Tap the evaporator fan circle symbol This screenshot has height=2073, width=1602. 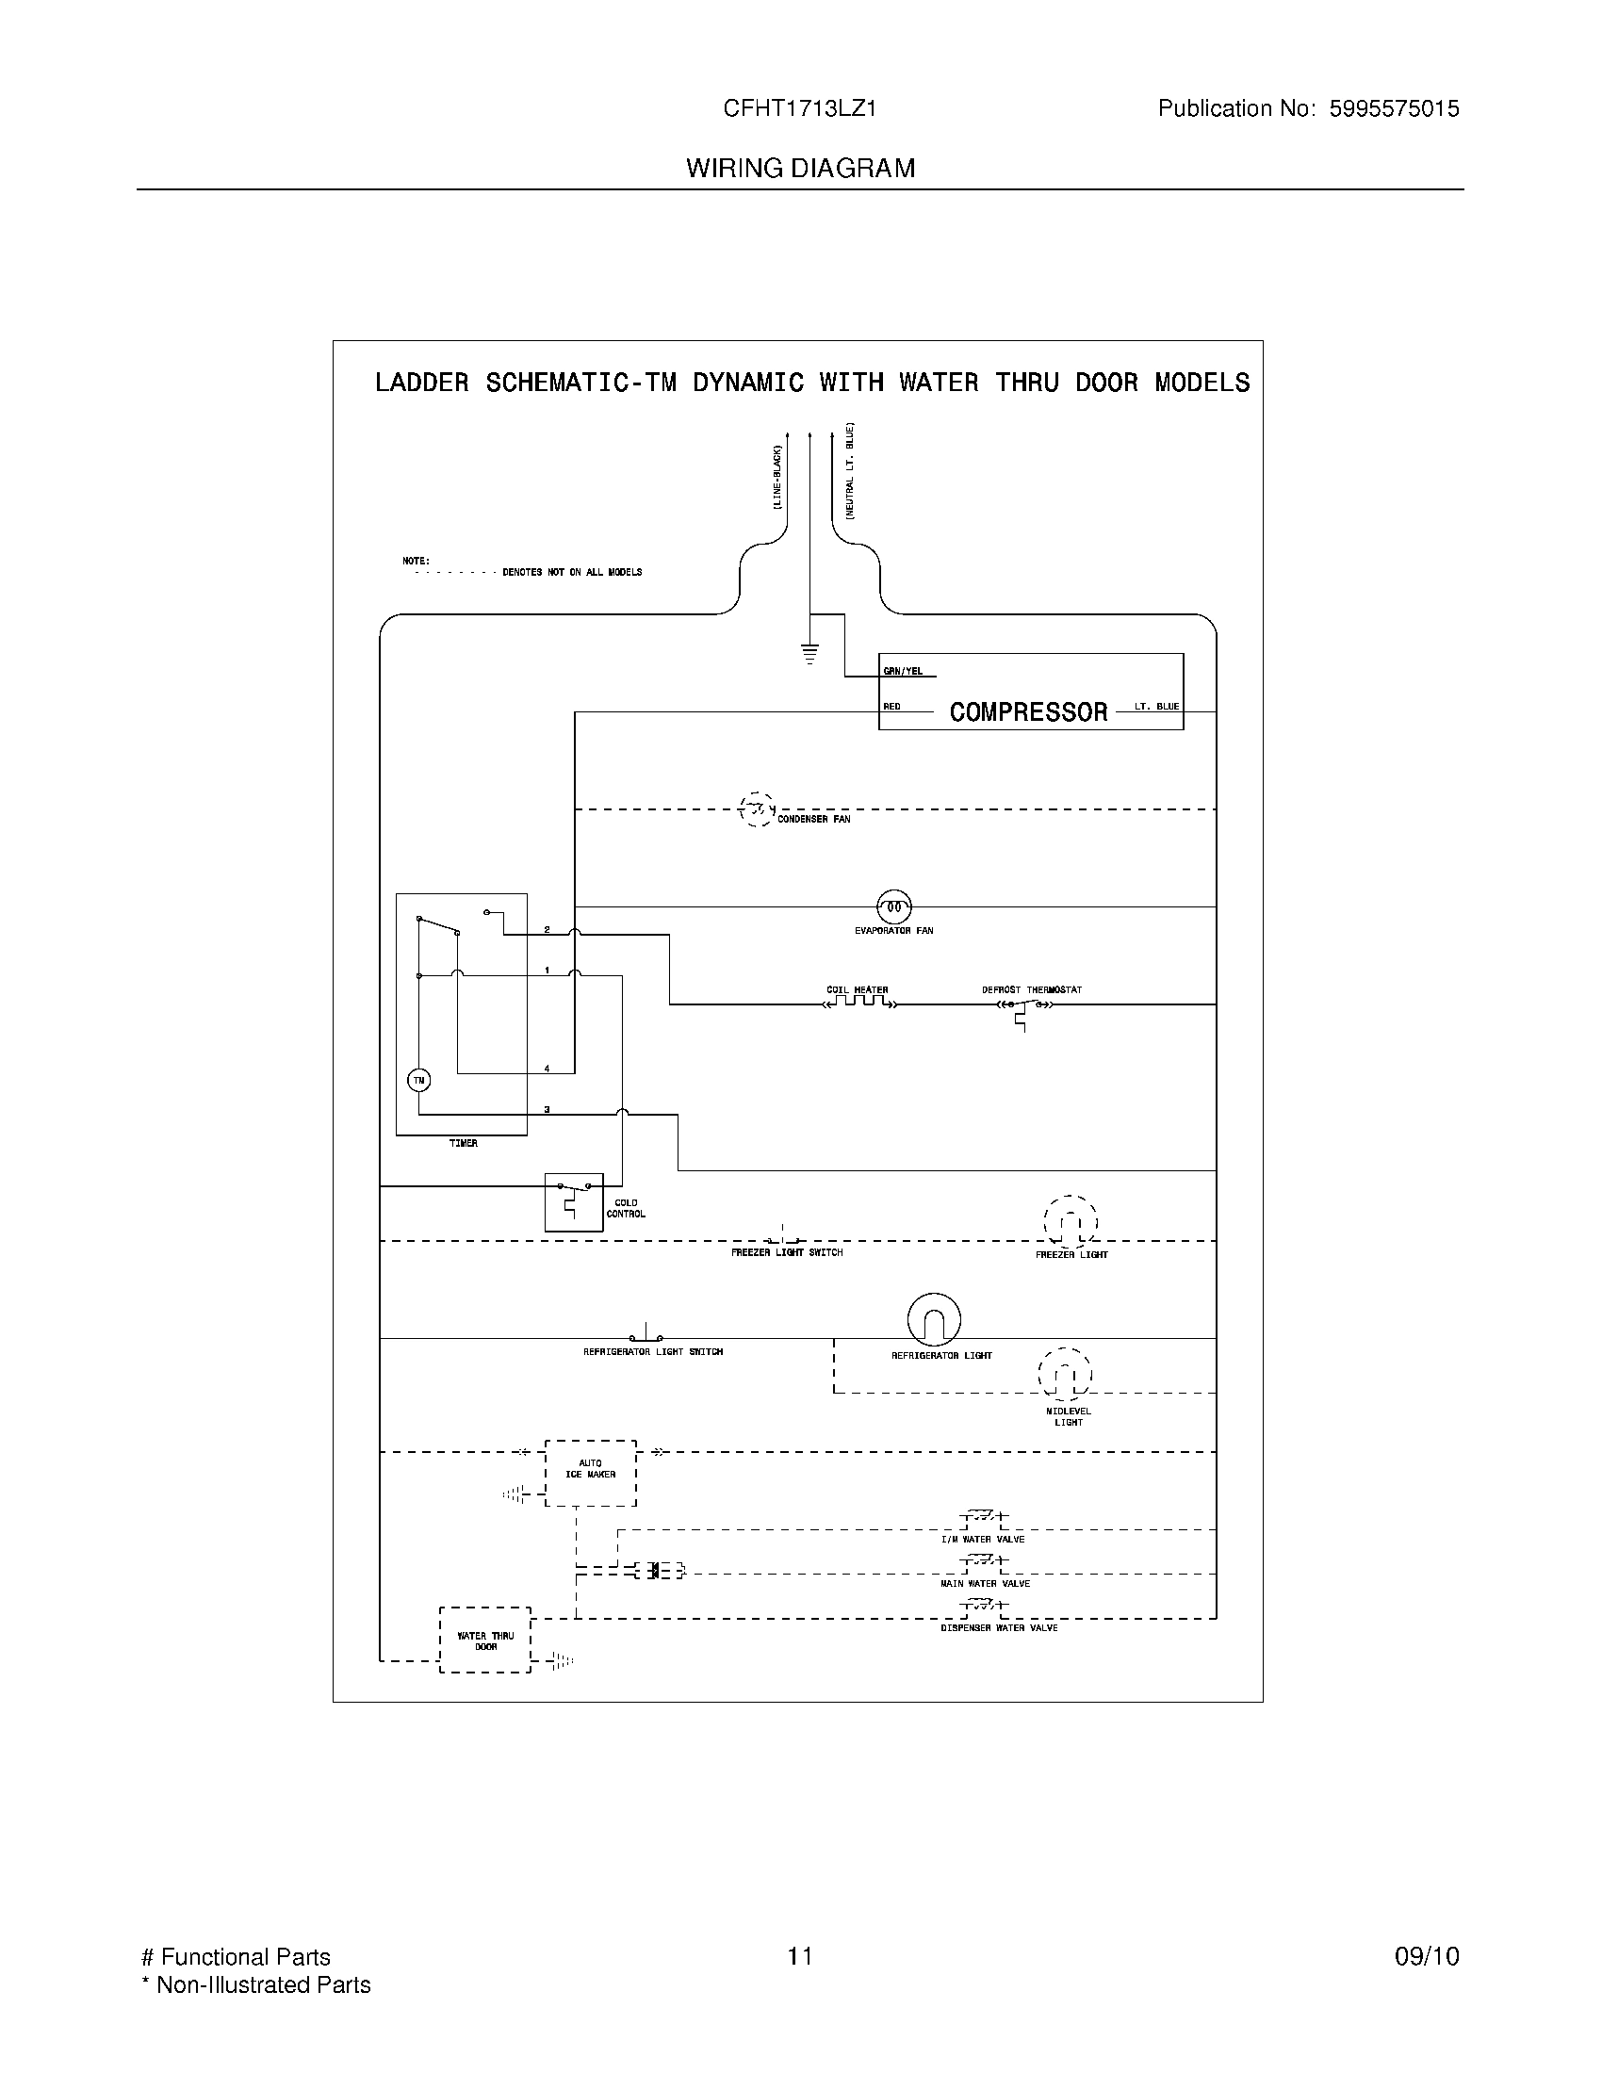click(893, 907)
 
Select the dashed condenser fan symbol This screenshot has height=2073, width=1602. click(757, 809)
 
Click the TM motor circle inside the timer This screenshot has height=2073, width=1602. click(418, 1080)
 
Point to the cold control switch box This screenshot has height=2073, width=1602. click(573, 1201)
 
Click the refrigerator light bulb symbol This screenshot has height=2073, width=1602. click(934, 1319)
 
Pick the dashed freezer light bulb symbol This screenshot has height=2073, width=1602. click(1071, 1222)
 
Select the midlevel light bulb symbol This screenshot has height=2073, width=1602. click(1065, 1374)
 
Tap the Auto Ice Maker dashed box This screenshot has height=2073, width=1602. click(590, 1472)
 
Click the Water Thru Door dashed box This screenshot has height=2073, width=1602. click(485, 1640)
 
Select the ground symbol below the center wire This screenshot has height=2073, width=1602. click(809, 653)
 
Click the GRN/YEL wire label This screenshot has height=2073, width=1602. click(903, 671)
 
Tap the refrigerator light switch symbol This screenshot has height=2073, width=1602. click(647, 1334)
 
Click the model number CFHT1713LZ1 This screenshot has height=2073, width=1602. click(799, 108)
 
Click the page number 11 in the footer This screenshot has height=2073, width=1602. click(799, 1955)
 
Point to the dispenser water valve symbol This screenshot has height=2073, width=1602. click(983, 1606)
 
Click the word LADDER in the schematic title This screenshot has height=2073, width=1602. click(421, 383)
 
